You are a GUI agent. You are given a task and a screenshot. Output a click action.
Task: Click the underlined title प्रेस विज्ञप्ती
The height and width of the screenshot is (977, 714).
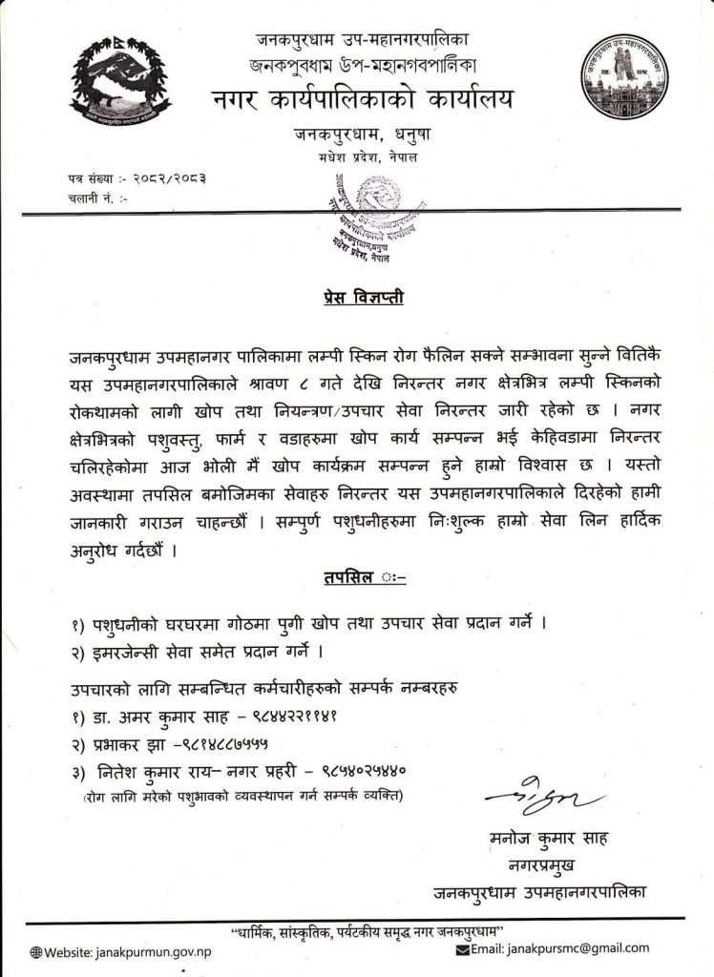pyautogui.click(x=356, y=300)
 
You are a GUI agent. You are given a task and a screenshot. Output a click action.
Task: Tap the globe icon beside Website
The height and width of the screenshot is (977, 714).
pyautogui.click(x=36, y=952)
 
